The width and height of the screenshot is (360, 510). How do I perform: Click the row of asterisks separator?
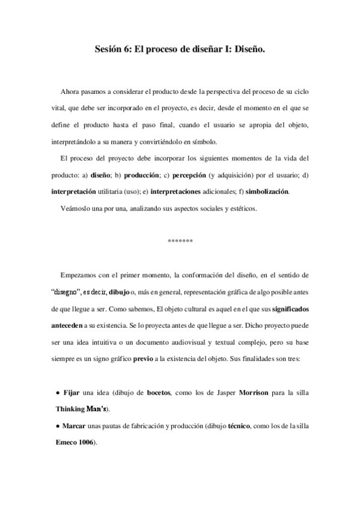pos(180,242)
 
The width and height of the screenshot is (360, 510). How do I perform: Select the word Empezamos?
pos(82,275)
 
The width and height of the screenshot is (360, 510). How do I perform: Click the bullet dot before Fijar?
pos(56,392)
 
